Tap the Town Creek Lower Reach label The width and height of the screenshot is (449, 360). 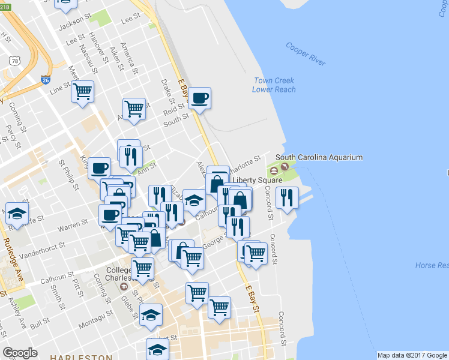(275, 85)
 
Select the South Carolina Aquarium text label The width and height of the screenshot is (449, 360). (319, 158)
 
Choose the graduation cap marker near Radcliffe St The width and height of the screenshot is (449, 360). (16, 213)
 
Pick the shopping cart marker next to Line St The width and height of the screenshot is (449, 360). (82, 92)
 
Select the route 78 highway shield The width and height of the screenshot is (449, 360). (13, 61)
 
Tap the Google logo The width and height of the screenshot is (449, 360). (20, 353)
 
